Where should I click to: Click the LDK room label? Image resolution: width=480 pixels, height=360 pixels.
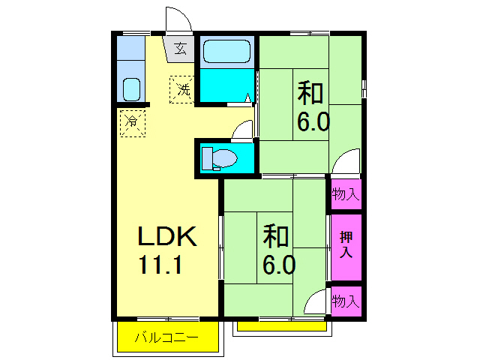tap(166, 237)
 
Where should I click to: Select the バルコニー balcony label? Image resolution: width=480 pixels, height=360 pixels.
tap(166, 337)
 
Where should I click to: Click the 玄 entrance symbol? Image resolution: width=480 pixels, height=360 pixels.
tap(180, 49)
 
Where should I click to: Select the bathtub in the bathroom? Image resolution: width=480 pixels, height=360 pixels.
tap(226, 52)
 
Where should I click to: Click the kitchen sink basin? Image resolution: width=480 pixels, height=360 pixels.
tap(132, 88)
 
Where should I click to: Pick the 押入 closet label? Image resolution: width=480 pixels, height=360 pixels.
tap(346, 244)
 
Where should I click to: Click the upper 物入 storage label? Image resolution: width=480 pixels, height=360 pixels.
tap(345, 194)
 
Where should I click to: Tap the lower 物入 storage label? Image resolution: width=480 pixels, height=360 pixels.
tap(345, 301)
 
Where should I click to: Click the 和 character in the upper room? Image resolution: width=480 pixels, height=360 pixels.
tap(311, 94)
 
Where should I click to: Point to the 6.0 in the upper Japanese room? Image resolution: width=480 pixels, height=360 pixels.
tap(313, 121)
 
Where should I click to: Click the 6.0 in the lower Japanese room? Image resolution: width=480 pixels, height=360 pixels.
tap(278, 264)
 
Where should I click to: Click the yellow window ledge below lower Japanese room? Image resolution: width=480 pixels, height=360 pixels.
tap(282, 325)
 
